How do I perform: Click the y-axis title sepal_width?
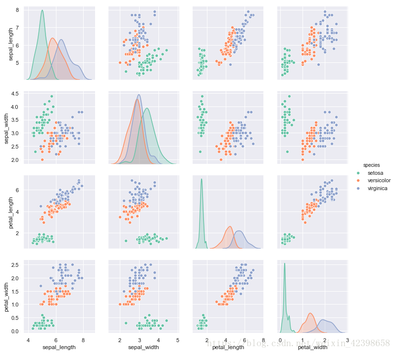7,127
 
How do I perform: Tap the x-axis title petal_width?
312,347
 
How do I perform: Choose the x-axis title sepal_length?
59,347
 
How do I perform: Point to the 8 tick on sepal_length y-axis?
17,10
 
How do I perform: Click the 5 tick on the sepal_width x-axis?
177,340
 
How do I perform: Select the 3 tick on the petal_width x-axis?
347,340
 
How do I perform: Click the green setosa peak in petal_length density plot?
201,179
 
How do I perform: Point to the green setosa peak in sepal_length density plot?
42,10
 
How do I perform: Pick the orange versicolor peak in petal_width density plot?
310,313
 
